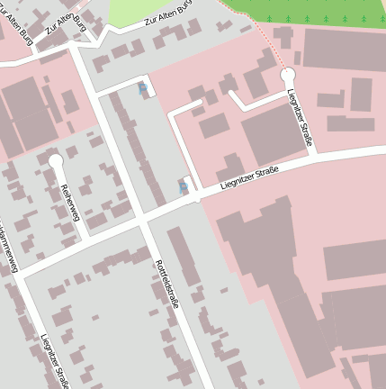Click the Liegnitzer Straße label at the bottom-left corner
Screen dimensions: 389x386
[x=54, y=360]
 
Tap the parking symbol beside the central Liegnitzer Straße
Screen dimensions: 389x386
[x=184, y=186]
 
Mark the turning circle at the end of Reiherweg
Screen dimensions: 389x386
[x=56, y=160]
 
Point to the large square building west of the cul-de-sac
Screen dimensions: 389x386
[x=273, y=135]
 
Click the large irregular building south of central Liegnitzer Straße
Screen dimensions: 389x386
[x=270, y=270]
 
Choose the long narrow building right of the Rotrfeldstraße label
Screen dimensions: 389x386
[x=184, y=257]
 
